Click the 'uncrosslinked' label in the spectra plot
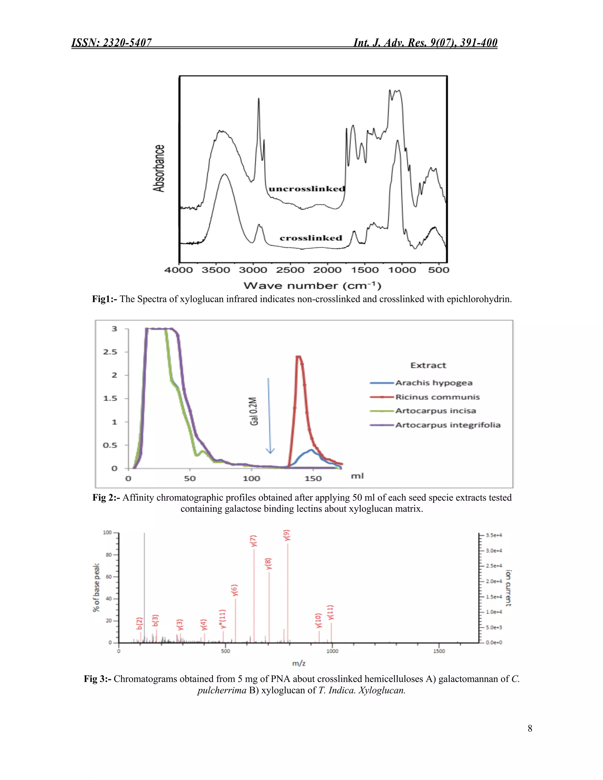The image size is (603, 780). pos(307,189)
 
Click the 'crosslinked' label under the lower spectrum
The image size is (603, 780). pos(311,238)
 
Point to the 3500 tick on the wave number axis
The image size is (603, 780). pos(216,270)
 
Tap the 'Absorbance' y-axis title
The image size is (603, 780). pos(159,168)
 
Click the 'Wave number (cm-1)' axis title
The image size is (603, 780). pos(312,286)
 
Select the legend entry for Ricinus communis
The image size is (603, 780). pos(437,397)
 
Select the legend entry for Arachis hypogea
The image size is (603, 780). pos(434,383)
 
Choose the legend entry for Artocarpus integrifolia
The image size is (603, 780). pos(448,425)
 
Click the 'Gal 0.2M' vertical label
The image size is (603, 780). pos(254,411)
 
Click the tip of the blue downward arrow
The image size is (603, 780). pos(270,453)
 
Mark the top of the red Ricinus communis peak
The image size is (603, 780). pos(299,356)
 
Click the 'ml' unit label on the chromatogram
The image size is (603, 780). pos(357,476)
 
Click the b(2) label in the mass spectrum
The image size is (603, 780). pos(140,623)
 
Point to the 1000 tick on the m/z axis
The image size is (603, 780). pos(332,651)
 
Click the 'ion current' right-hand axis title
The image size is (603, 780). pos(508,588)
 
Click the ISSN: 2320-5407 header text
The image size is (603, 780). pos(112,43)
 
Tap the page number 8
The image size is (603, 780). pos(530,728)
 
